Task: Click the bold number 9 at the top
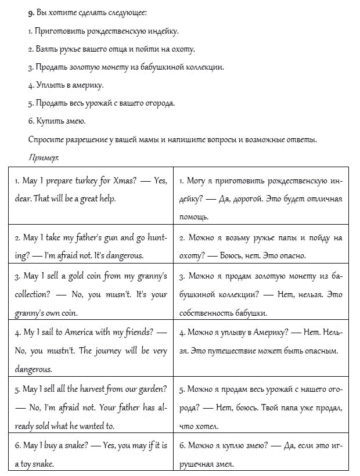click(30, 13)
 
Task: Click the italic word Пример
click(43, 157)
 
